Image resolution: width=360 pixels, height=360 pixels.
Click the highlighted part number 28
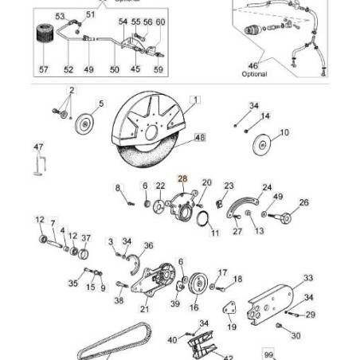pos(182,181)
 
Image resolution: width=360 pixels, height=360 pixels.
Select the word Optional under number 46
pos(254,73)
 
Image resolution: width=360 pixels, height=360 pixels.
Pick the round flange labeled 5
pos(83,124)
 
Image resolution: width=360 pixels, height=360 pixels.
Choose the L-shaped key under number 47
pos(37,164)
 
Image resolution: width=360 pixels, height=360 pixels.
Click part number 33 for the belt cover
pos(307,278)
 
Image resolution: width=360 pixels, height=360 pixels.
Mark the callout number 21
pos(144,309)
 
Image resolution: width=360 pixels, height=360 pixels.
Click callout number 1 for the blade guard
pos(196,100)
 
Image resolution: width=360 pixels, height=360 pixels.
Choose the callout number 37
pos(86,237)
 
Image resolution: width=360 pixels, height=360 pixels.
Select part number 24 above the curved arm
pos(267,187)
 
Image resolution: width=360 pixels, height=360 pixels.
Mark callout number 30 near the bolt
pos(296,336)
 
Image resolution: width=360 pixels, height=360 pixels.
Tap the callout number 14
pos(265,116)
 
